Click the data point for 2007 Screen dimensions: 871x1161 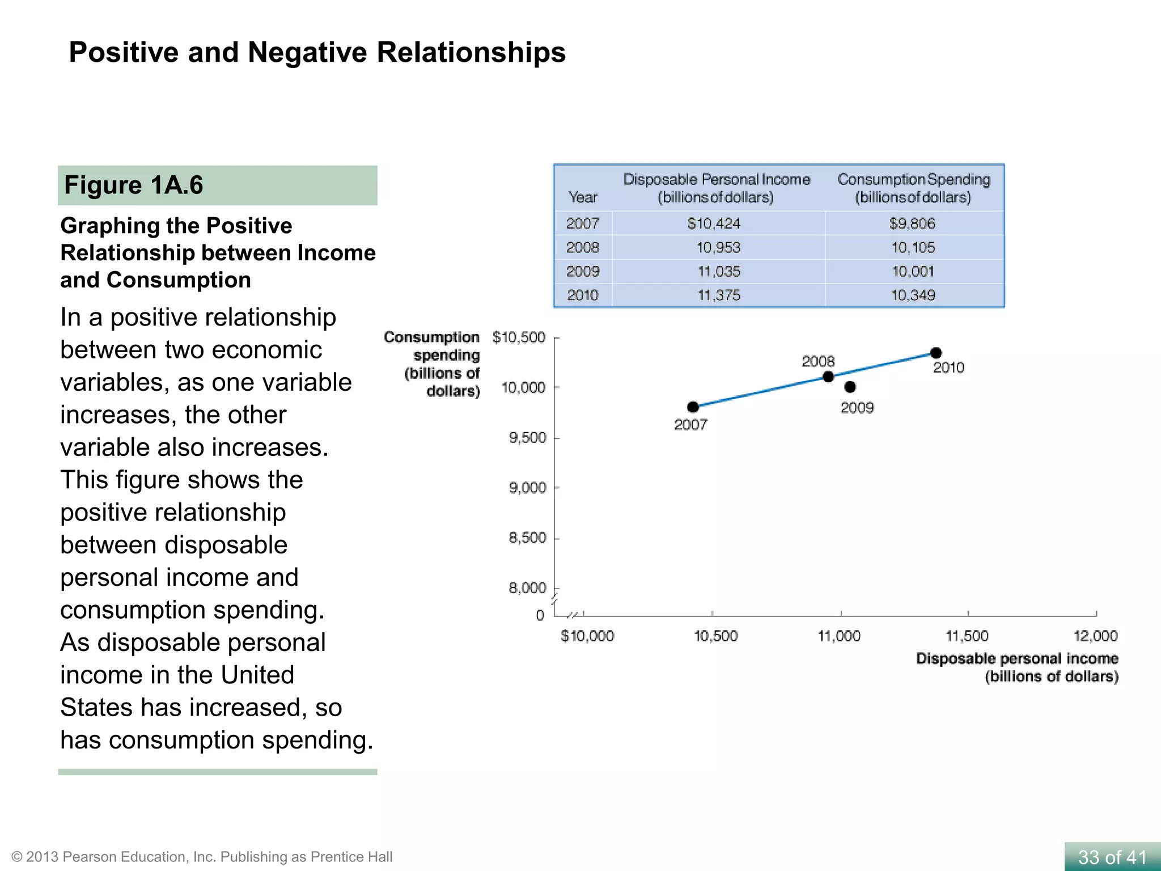pyautogui.click(x=693, y=407)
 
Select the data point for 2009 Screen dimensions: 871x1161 pyautogui.click(x=850, y=387)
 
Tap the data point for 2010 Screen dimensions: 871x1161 pyautogui.click(x=936, y=353)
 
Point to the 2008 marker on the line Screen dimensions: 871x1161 pyautogui.click(x=828, y=377)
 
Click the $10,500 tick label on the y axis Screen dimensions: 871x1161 pyautogui.click(x=519, y=337)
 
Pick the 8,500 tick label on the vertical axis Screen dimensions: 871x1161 pyautogui.click(x=527, y=538)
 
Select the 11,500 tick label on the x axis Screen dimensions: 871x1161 pyautogui.click(x=967, y=636)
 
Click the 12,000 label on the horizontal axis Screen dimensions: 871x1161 pyautogui.click(x=1095, y=636)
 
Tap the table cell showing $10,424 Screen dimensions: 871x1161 pyautogui.click(x=714, y=223)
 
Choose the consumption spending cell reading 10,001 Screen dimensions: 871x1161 pyautogui.click(x=913, y=272)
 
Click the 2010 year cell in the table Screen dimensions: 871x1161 pyautogui.click(x=583, y=295)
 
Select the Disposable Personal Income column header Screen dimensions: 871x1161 pyautogui.click(x=716, y=188)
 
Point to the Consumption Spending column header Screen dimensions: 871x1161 pyautogui.click(x=913, y=188)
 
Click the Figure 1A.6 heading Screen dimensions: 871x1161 pyautogui.click(x=134, y=185)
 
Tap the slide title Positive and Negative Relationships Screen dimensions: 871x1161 pyautogui.click(x=317, y=52)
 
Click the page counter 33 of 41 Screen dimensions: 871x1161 pyautogui.click(x=1112, y=857)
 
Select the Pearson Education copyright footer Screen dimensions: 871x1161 pyautogui.click(x=202, y=857)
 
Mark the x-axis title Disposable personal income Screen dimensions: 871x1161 pyautogui.click(x=1017, y=667)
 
